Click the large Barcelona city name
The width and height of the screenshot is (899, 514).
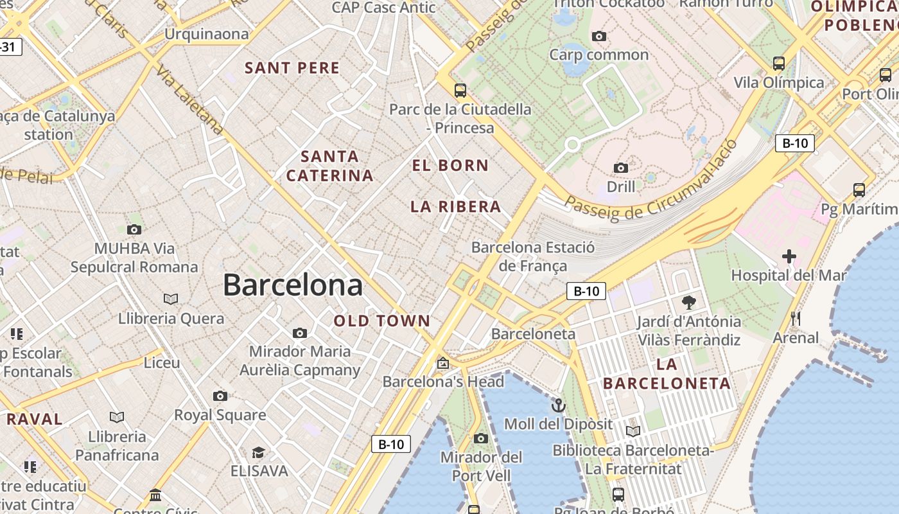click(293, 285)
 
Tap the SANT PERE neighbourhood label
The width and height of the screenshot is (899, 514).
click(292, 67)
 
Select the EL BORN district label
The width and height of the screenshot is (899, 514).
click(450, 165)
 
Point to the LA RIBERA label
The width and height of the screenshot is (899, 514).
click(456, 206)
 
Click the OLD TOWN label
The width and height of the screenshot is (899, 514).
click(382, 321)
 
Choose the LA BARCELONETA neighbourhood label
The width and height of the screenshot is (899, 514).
click(667, 374)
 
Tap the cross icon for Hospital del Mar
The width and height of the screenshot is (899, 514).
click(789, 257)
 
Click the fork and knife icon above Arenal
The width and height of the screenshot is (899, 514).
click(796, 318)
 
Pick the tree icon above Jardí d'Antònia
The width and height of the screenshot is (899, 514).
click(689, 302)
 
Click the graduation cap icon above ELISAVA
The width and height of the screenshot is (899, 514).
click(258, 453)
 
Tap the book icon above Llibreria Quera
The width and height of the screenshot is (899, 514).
click(171, 299)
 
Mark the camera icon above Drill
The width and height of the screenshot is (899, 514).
click(621, 168)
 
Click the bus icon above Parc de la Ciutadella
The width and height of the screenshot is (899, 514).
click(460, 90)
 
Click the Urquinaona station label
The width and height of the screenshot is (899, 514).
click(207, 33)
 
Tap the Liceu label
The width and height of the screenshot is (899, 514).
click(162, 362)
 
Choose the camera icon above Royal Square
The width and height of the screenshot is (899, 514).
click(220, 396)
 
